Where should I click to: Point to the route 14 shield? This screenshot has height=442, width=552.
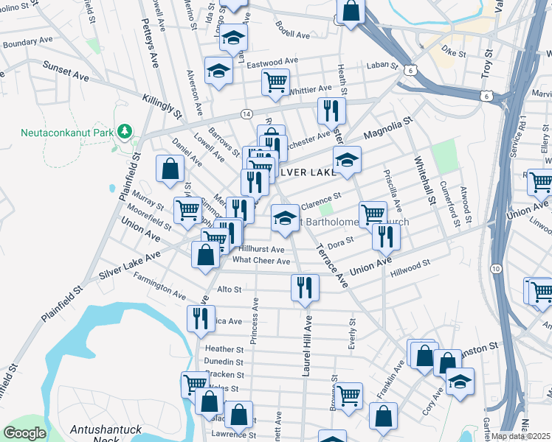coord(246,113)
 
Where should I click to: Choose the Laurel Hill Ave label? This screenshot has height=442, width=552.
coord(306,346)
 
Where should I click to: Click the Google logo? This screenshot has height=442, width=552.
coord(24,433)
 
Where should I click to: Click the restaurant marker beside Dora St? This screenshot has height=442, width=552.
coord(386,236)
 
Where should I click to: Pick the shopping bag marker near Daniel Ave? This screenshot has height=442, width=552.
coord(170,167)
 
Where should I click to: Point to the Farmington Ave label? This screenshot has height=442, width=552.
coord(159,286)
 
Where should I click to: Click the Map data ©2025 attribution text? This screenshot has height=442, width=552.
coord(521,436)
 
